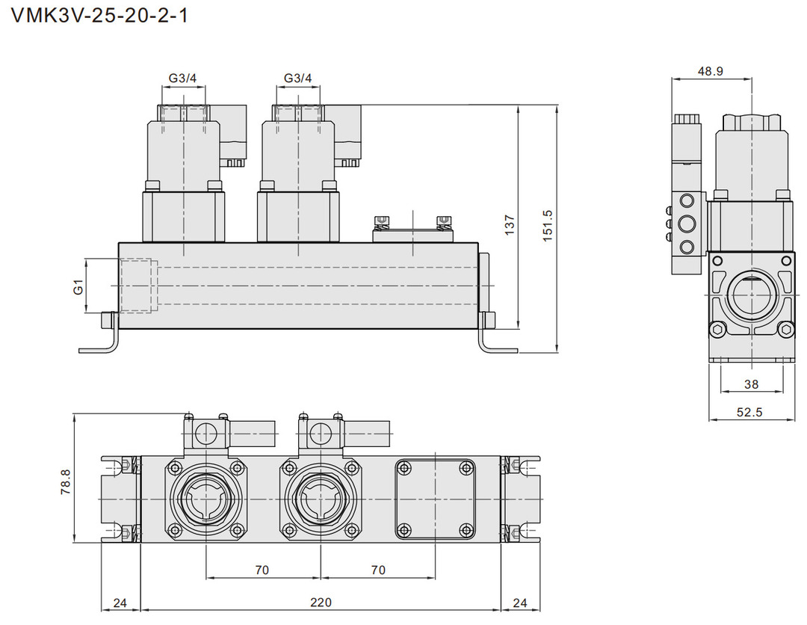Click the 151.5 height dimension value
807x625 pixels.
pyautogui.click(x=547, y=224)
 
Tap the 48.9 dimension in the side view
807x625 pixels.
pyautogui.click(x=710, y=71)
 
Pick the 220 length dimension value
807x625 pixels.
pyautogui.click(x=321, y=603)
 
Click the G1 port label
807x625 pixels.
pyautogui.click(x=78, y=286)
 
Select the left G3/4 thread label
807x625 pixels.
pyautogui.click(x=182, y=78)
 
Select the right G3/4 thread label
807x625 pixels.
pyautogui.click(x=298, y=78)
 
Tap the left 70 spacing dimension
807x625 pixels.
pyautogui.click(x=262, y=570)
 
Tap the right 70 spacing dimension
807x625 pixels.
pyautogui.click(x=378, y=570)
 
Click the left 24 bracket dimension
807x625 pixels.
pyautogui.click(x=120, y=603)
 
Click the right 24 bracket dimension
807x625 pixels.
pyautogui.click(x=520, y=603)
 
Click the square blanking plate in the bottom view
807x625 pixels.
pyautogui.click(x=435, y=499)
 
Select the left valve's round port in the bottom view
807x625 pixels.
pyautogui.click(x=205, y=499)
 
